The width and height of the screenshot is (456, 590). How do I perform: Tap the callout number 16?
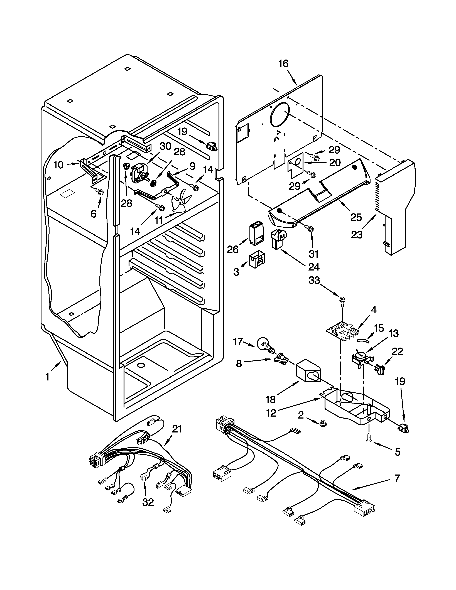click(x=283, y=64)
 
